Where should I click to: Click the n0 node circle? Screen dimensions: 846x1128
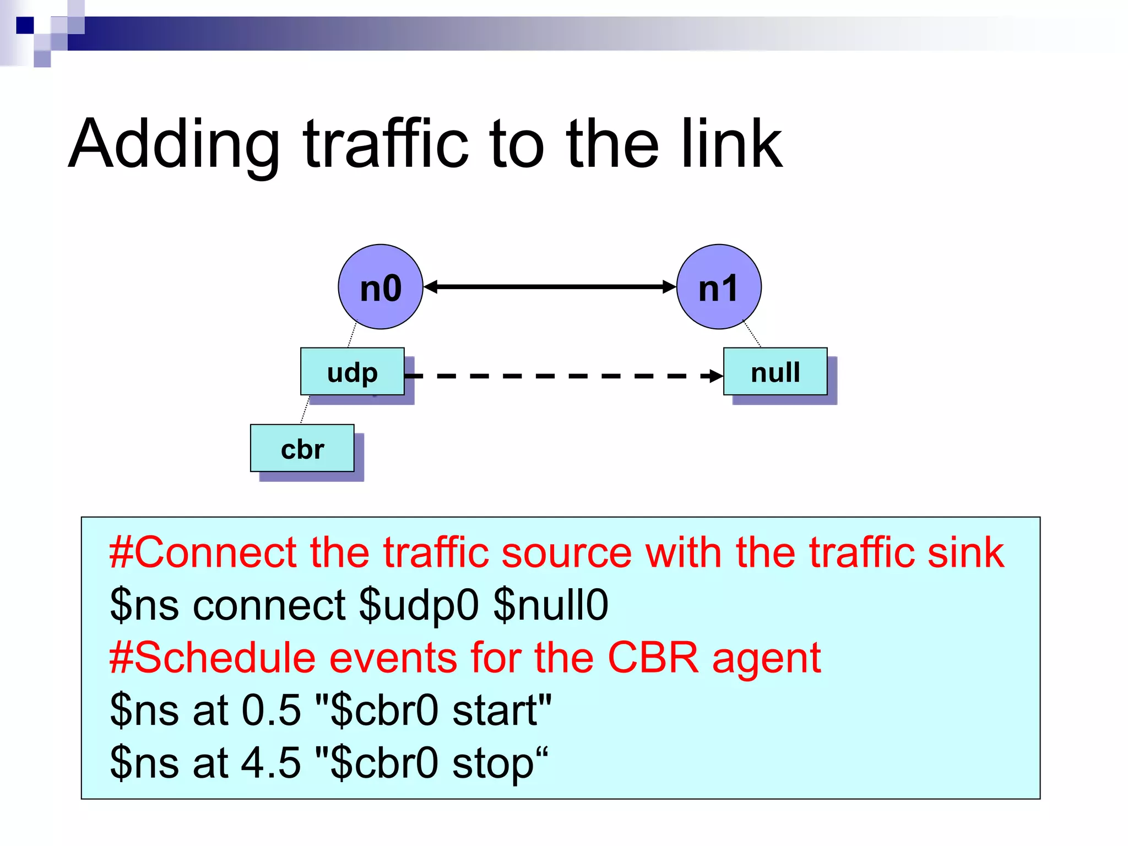[x=380, y=287]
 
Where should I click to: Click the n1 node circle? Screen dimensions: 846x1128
[x=719, y=287]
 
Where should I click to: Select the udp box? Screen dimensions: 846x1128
[x=352, y=372]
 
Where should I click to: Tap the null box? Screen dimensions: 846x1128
[x=775, y=372]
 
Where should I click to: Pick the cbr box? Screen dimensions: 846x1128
[x=302, y=448]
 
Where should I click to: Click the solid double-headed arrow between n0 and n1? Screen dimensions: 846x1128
[x=550, y=287]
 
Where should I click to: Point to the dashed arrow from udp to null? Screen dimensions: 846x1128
[x=562, y=376]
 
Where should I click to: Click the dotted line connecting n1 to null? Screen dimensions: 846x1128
[x=752, y=334]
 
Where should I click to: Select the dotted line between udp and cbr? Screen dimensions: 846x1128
[x=305, y=410]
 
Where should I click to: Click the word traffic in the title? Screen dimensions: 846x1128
[x=386, y=144]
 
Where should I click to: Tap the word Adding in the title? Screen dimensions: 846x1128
[x=174, y=144]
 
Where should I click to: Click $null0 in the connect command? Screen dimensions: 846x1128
[x=551, y=605]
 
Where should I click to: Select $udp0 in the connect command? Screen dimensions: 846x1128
[x=419, y=605]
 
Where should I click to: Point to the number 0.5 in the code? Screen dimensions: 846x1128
[x=271, y=710]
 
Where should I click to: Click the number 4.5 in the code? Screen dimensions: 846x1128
[x=271, y=762]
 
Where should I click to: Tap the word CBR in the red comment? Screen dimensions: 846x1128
[x=653, y=658]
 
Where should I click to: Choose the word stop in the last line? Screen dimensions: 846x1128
[x=493, y=763]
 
